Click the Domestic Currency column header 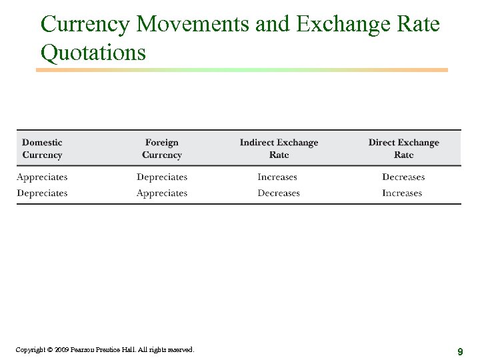pos(42,148)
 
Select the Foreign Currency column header pos(162,148)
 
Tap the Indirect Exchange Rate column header pos(279,148)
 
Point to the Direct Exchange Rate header pos(403,148)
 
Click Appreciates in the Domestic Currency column pos(42,177)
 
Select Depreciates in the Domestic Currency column pos(42,193)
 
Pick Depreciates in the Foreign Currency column pos(162,177)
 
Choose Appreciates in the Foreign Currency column pos(162,193)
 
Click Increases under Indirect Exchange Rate pos(277,177)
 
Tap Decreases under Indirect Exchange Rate pos(279,193)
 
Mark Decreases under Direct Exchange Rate pos(403,177)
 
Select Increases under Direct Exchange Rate pos(402,193)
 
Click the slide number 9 pos(460,351)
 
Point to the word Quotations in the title pos(93,52)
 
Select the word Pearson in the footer pos(84,349)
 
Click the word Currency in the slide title pos(85,25)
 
